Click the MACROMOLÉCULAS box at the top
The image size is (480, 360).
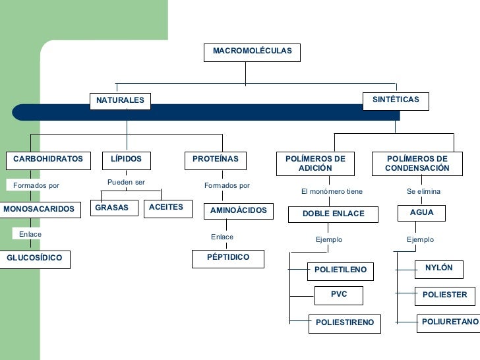[252, 52]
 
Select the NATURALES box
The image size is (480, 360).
[120, 101]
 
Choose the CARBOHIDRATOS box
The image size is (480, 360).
[48, 160]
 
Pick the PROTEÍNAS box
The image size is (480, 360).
[216, 160]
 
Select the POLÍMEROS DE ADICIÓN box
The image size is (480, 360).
[315, 164]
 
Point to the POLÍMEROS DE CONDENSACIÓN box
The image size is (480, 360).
[417, 164]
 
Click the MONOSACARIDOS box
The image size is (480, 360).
[39, 210]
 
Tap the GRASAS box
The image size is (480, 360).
[112, 208]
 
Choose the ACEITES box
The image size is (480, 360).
[166, 208]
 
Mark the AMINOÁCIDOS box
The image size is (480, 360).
[238, 211]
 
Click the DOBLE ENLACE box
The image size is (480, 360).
[333, 214]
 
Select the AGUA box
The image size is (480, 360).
[422, 213]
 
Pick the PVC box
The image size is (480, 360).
[339, 295]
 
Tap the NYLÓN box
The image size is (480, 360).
[439, 268]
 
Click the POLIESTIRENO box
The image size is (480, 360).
[344, 323]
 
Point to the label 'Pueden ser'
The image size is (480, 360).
[126, 182]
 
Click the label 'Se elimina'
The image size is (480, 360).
[423, 191]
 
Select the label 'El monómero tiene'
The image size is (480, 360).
[332, 191]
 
